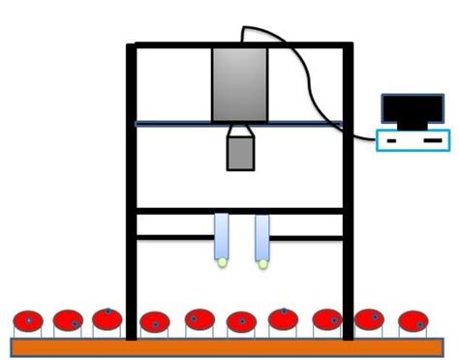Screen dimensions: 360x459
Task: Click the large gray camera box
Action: pos(239,84)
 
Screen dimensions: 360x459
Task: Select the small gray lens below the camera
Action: pos(240,153)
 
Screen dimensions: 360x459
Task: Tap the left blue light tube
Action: pos(222,235)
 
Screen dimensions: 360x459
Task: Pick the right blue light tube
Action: pos(261,235)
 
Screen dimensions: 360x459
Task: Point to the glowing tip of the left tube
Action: pos(223,261)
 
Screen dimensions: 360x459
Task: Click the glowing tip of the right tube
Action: pos(262,261)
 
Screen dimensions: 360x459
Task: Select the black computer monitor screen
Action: pos(414,111)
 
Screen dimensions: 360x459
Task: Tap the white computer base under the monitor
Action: pos(413,139)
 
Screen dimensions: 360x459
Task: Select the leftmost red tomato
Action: pos(28,321)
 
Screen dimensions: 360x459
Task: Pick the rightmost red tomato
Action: pos(413,320)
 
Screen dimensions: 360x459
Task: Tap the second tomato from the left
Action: pos(68,320)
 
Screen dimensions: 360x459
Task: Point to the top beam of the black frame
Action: pos(240,45)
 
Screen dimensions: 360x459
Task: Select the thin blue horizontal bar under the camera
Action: pos(194,124)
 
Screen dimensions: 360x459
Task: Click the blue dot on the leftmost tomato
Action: pos(29,320)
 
